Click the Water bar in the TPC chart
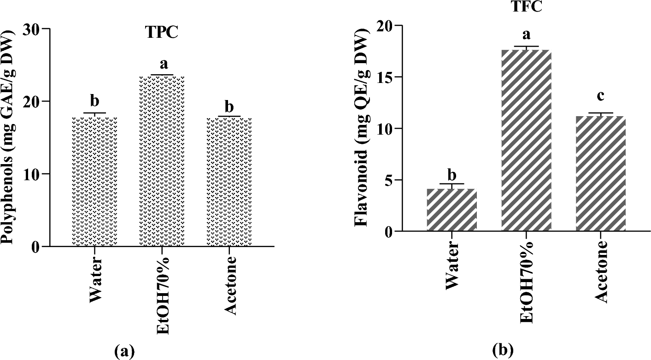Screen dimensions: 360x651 (x=95, y=182)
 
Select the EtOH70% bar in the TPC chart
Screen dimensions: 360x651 (x=162, y=161)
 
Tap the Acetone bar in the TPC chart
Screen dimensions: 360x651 (x=229, y=182)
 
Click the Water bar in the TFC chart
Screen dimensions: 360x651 (x=452, y=210)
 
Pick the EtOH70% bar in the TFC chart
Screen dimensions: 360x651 (x=526, y=140)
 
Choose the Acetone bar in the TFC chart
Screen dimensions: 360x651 (x=601, y=173)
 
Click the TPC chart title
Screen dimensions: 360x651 (x=160, y=33)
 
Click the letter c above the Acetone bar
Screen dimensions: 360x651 (x=601, y=96)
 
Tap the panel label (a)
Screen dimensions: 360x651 (x=124, y=351)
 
